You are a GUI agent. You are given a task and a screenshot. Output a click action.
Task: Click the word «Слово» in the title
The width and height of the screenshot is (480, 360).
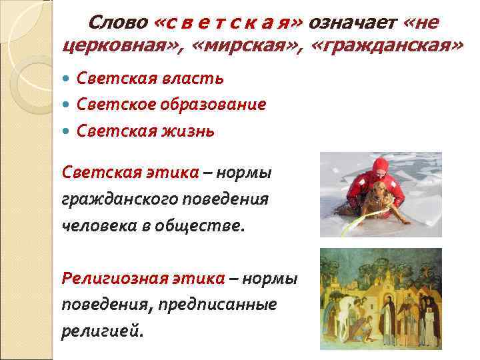pos(118,23)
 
